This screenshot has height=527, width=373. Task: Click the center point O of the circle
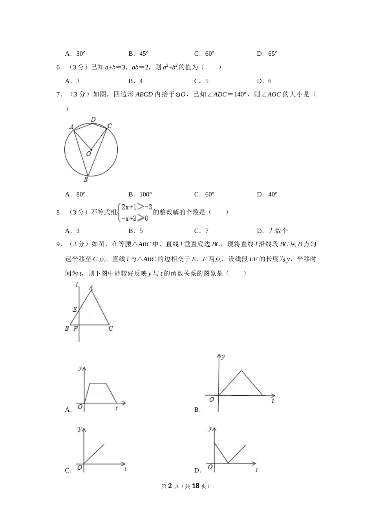coord(91,149)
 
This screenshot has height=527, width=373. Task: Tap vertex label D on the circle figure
coord(93,119)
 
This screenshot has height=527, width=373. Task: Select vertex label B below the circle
coord(86,180)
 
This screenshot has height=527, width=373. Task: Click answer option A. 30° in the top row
coord(75,54)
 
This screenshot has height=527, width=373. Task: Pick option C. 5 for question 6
coord(201,81)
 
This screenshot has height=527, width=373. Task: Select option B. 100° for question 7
coord(140,194)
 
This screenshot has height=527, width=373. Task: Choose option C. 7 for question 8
coord(201,231)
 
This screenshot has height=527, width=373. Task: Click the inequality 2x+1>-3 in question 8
coord(136,207)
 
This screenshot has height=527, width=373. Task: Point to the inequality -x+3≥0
coord(135,218)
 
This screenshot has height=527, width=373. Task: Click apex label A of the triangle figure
coord(91,287)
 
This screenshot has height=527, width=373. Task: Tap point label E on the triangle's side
coord(75,309)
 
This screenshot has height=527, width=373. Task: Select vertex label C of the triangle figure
coord(111,328)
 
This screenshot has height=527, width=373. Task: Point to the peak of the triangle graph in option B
coord(241,371)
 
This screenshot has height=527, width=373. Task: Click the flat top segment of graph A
coord(98,384)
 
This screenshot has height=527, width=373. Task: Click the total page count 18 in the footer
coord(196,486)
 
